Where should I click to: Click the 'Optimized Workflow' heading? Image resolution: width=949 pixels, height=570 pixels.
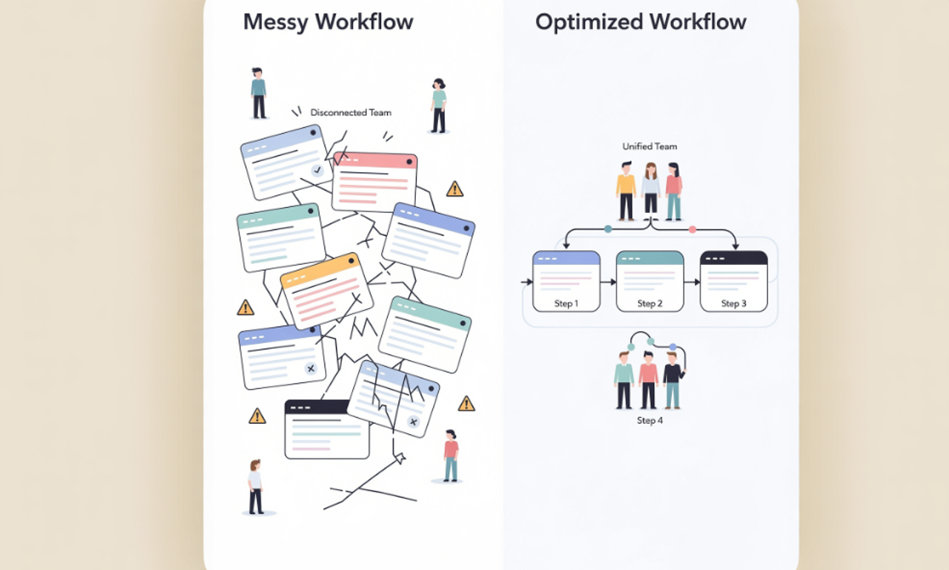(x=641, y=22)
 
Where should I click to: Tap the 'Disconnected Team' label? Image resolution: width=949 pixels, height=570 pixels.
(x=351, y=113)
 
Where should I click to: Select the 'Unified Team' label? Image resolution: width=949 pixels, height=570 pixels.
(x=649, y=147)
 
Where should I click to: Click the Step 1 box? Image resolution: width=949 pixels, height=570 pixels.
(x=566, y=281)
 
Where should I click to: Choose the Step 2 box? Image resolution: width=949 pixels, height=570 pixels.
(x=649, y=281)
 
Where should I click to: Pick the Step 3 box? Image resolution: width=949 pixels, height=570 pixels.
(x=733, y=281)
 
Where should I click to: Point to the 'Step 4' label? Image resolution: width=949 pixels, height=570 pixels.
(x=649, y=421)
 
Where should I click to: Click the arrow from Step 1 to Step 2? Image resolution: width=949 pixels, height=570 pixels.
(x=608, y=282)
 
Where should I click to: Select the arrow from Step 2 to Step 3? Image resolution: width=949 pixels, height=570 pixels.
(x=692, y=282)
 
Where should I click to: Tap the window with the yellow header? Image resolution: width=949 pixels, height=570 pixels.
(x=326, y=290)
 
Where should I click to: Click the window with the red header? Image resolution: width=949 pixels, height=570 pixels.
(x=374, y=182)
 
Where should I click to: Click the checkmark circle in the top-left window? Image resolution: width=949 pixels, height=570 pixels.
(x=317, y=171)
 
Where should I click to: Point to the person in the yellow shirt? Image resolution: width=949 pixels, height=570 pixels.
(x=626, y=191)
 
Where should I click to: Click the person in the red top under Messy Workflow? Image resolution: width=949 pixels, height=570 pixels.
(x=450, y=455)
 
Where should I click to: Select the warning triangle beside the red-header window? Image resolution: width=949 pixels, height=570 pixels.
(x=454, y=189)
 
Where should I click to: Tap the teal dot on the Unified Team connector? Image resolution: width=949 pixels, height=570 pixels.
(x=608, y=229)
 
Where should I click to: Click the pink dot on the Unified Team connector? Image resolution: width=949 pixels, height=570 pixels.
(x=692, y=229)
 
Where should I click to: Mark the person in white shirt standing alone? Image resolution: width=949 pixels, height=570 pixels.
(x=256, y=486)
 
